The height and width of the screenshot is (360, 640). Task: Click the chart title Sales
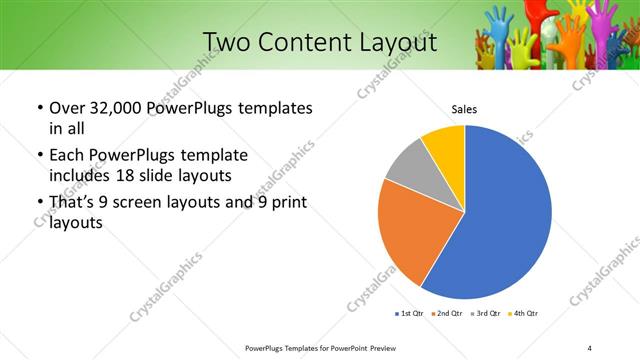(x=464, y=108)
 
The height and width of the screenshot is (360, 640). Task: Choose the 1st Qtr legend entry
(x=410, y=314)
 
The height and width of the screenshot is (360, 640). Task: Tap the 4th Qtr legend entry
(x=525, y=314)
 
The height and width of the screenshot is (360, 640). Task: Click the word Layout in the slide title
(x=390, y=42)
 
